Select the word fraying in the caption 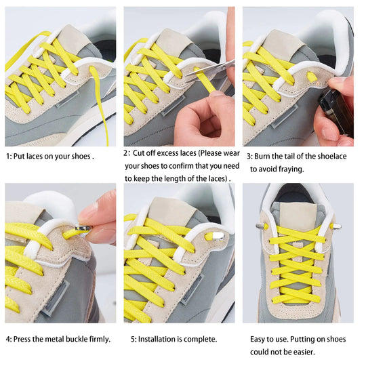tap(289, 169)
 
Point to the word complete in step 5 tap(202, 338)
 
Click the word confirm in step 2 tap(185, 166)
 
